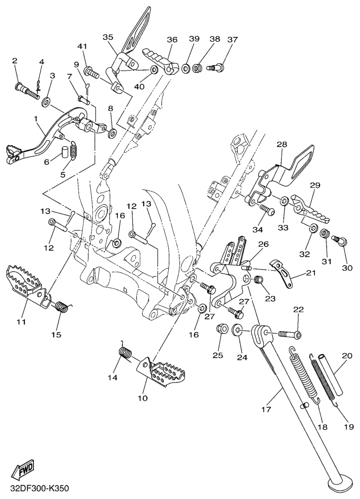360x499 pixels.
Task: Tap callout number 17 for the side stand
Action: tap(265, 410)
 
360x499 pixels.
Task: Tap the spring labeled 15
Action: tap(61, 306)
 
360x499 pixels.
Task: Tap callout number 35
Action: tap(108, 37)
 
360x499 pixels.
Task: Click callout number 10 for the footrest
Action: tap(143, 399)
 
